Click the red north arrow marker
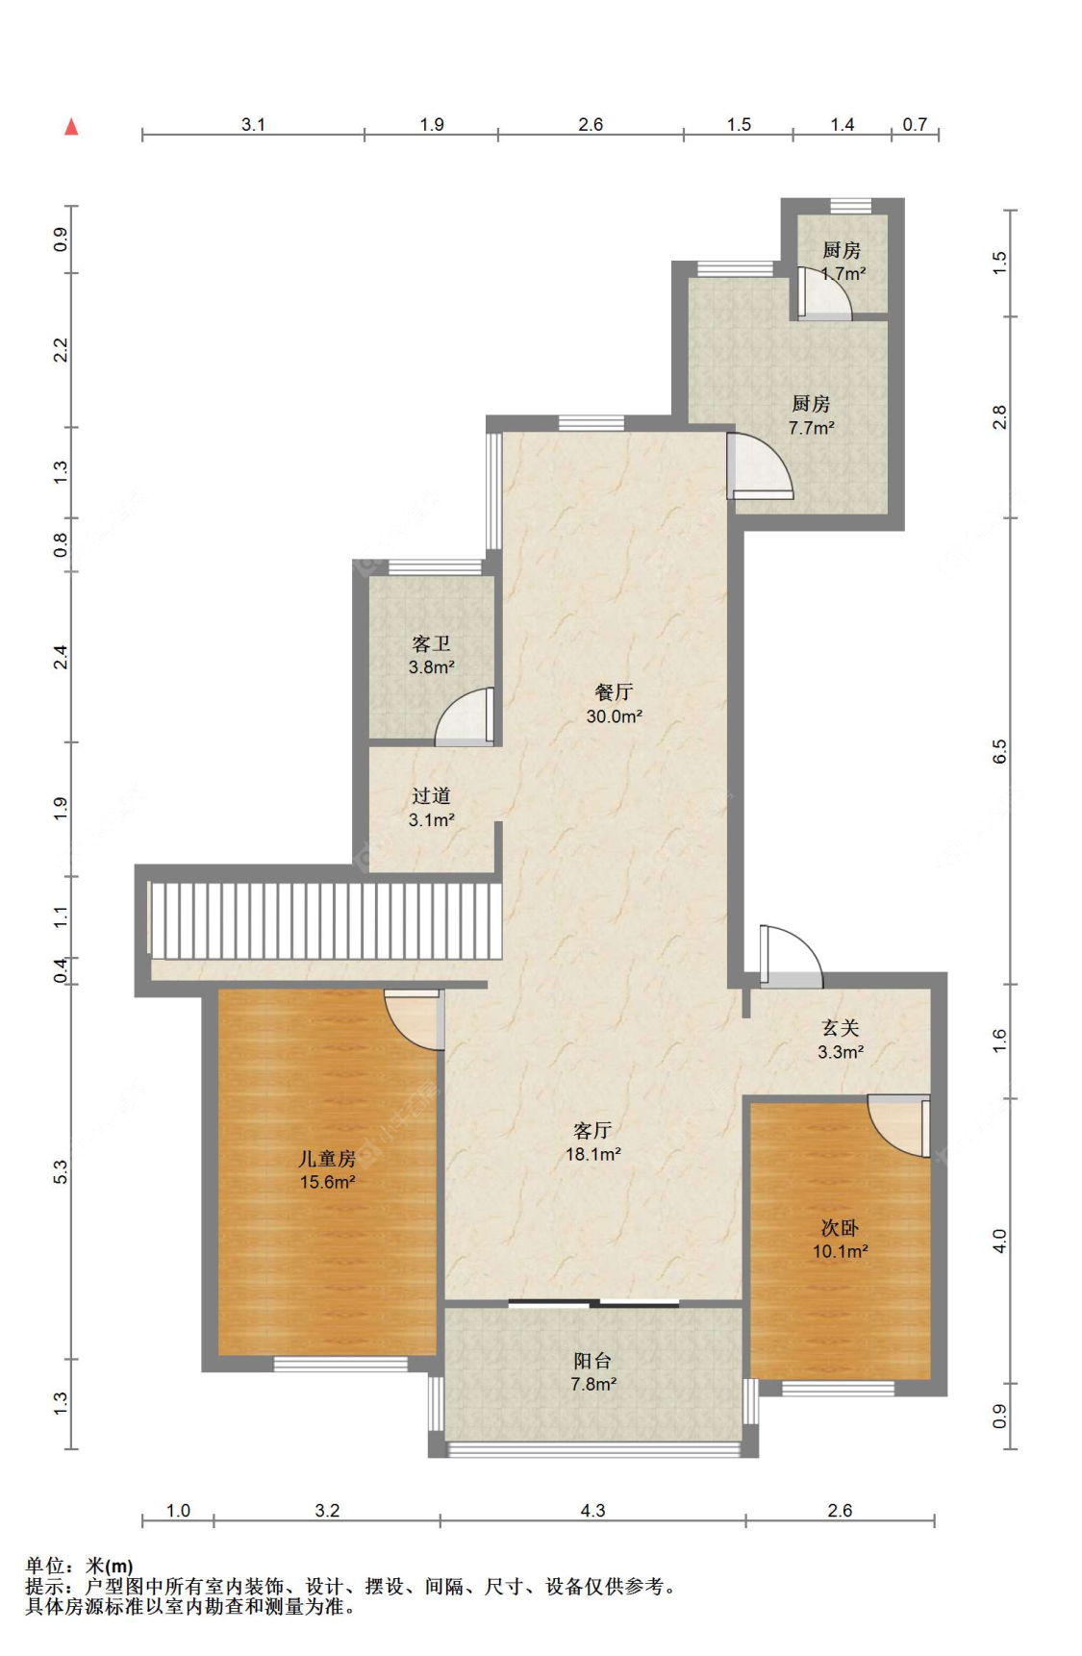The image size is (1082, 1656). [71, 127]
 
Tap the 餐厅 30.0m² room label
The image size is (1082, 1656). [614, 704]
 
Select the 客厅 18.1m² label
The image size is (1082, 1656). [592, 1142]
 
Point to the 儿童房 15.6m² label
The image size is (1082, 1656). [327, 1169]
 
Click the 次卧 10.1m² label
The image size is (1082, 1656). [840, 1239]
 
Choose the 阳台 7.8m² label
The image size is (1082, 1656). [592, 1372]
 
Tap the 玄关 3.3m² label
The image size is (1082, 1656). [840, 1040]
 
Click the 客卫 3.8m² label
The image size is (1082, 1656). [431, 655]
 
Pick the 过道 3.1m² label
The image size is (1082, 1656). [431, 808]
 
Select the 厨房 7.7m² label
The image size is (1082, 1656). [811, 415]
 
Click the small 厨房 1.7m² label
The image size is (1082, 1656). [842, 262]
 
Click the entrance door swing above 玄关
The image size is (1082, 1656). [791, 956]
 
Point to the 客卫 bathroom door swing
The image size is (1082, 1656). [465, 716]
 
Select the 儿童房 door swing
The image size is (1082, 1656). [414, 1019]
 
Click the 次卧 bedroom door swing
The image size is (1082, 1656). [899, 1126]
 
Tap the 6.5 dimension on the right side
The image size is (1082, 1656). [999, 751]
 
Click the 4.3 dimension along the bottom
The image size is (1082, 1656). [592, 1510]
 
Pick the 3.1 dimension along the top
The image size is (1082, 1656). [253, 124]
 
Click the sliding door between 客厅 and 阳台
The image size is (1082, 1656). [593, 1303]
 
